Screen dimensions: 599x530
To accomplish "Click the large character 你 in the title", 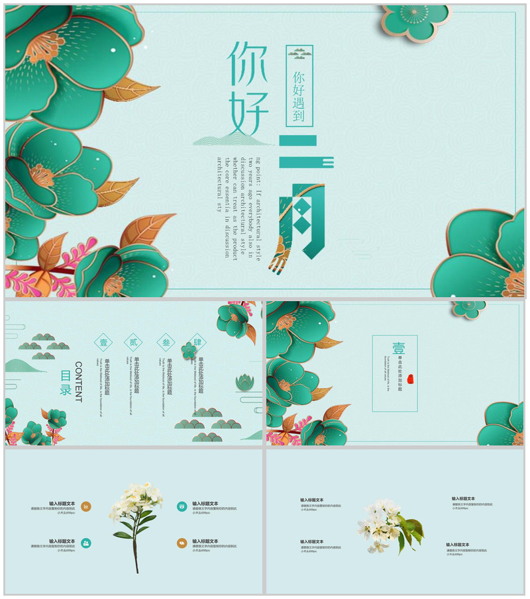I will tap(247, 64).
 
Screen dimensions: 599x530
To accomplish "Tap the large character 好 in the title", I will tap(248, 113).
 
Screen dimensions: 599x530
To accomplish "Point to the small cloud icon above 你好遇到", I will tap(299, 54).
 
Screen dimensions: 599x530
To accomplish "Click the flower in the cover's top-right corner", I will tap(415, 20).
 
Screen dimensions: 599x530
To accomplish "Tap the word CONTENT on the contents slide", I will tap(78, 382).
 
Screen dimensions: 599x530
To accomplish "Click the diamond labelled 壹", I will tap(103, 343).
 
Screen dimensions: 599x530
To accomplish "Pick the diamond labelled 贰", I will tap(134, 343).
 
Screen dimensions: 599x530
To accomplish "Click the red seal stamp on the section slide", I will tap(410, 379).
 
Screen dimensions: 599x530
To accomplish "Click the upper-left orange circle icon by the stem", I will tap(86, 506).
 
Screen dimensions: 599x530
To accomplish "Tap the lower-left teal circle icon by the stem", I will tap(86, 543).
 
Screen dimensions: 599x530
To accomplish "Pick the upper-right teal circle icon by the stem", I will tap(182, 506).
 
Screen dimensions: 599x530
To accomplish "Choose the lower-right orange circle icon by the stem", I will tap(182, 543).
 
